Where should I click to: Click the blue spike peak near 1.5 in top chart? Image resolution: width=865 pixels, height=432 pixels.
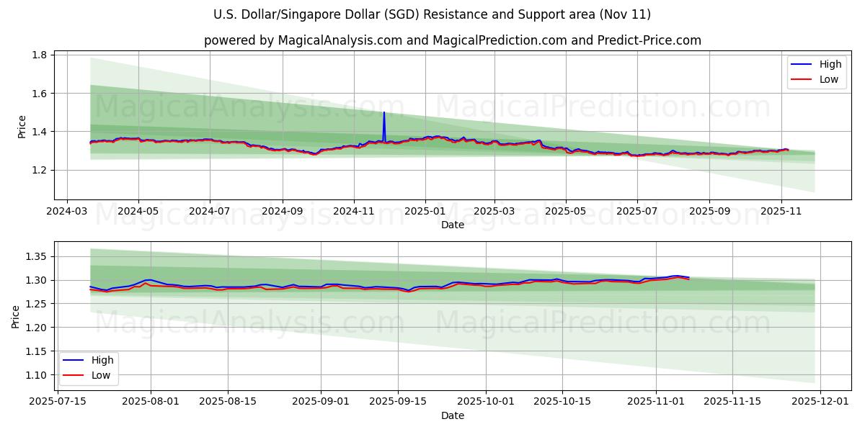[x=383, y=113]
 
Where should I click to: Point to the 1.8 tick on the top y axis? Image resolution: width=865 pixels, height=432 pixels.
[x=39, y=55]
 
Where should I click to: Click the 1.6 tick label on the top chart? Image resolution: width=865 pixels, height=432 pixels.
[x=39, y=94]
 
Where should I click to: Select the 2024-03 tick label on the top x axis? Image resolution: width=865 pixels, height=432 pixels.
[x=67, y=212]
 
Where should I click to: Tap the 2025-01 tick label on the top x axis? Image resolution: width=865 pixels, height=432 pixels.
[x=425, y=212]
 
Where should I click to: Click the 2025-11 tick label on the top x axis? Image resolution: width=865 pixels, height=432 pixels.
[x=781, y=212]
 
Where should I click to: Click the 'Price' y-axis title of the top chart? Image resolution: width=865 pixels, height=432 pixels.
[x=22, y=126]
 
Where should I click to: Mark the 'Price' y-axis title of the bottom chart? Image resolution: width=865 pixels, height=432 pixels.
[x=16, y=316]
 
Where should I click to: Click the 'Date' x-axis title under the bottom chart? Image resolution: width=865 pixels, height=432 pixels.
[x=453, y=415]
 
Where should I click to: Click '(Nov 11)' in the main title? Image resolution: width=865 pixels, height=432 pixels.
[x=624, y=14]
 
